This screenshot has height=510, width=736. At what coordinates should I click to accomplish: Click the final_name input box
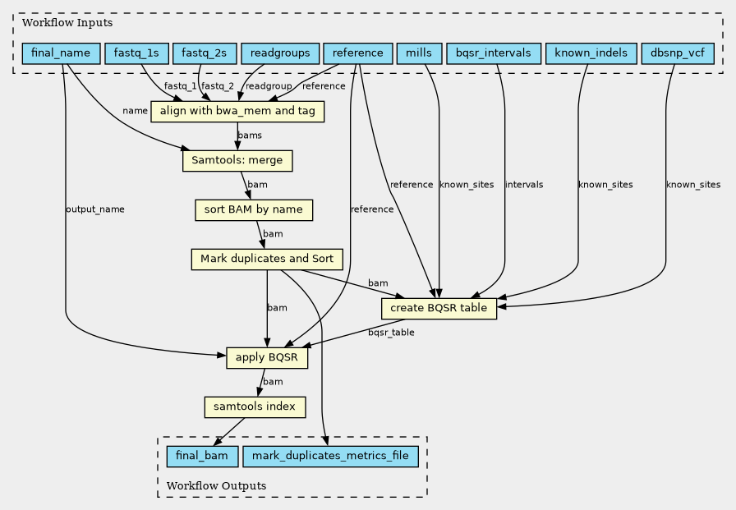61,53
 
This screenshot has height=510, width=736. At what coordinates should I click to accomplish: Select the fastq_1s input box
136,53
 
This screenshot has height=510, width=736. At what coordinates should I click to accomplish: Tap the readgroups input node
280,53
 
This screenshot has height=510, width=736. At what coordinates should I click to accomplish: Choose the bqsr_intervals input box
494,53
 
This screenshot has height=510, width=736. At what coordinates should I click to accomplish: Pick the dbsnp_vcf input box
678,53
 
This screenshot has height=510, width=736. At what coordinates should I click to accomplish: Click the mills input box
419,53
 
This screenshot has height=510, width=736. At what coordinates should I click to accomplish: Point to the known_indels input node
591,53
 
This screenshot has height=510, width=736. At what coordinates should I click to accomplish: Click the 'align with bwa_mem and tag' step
237,112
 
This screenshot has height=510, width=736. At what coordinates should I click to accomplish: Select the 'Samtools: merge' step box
237,161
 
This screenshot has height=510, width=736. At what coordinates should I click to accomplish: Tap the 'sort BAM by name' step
254,210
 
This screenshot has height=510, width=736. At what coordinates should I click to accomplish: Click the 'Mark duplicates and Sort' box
267,260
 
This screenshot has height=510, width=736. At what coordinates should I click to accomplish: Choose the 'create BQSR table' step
439,309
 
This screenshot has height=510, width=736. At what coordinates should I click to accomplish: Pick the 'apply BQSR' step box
267,358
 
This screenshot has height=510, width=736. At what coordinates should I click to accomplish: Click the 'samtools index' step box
255,407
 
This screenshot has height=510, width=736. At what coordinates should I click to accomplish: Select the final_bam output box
202,457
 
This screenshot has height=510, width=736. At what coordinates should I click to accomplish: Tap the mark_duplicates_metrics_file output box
330,457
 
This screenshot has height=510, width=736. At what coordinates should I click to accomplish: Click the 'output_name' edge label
95,209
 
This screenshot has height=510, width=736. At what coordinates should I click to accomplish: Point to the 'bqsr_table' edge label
391,333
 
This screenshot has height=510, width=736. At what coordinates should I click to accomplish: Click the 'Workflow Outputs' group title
216,485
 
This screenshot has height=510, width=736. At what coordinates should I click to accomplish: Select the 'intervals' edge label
524,185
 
